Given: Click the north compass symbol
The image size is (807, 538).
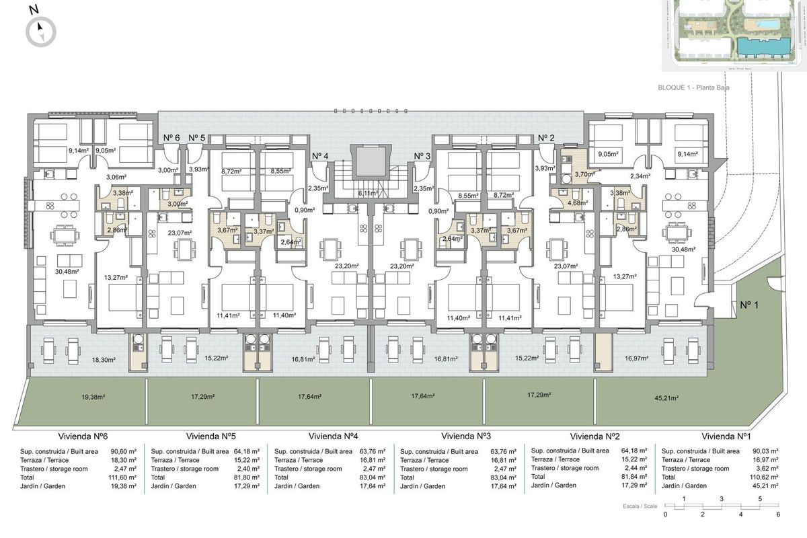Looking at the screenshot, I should pos(40,31).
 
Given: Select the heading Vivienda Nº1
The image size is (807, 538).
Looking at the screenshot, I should pos(726,435).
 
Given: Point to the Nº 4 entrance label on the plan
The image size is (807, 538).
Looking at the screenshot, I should pos(321,156).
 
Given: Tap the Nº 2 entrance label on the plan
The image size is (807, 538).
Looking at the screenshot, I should pos(546,138).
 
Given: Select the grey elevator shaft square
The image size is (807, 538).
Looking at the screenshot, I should pos(369,163).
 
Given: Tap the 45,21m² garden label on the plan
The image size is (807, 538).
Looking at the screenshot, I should pos(665,397).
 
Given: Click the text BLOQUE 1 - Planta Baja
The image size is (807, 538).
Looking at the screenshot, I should pos(694,87).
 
